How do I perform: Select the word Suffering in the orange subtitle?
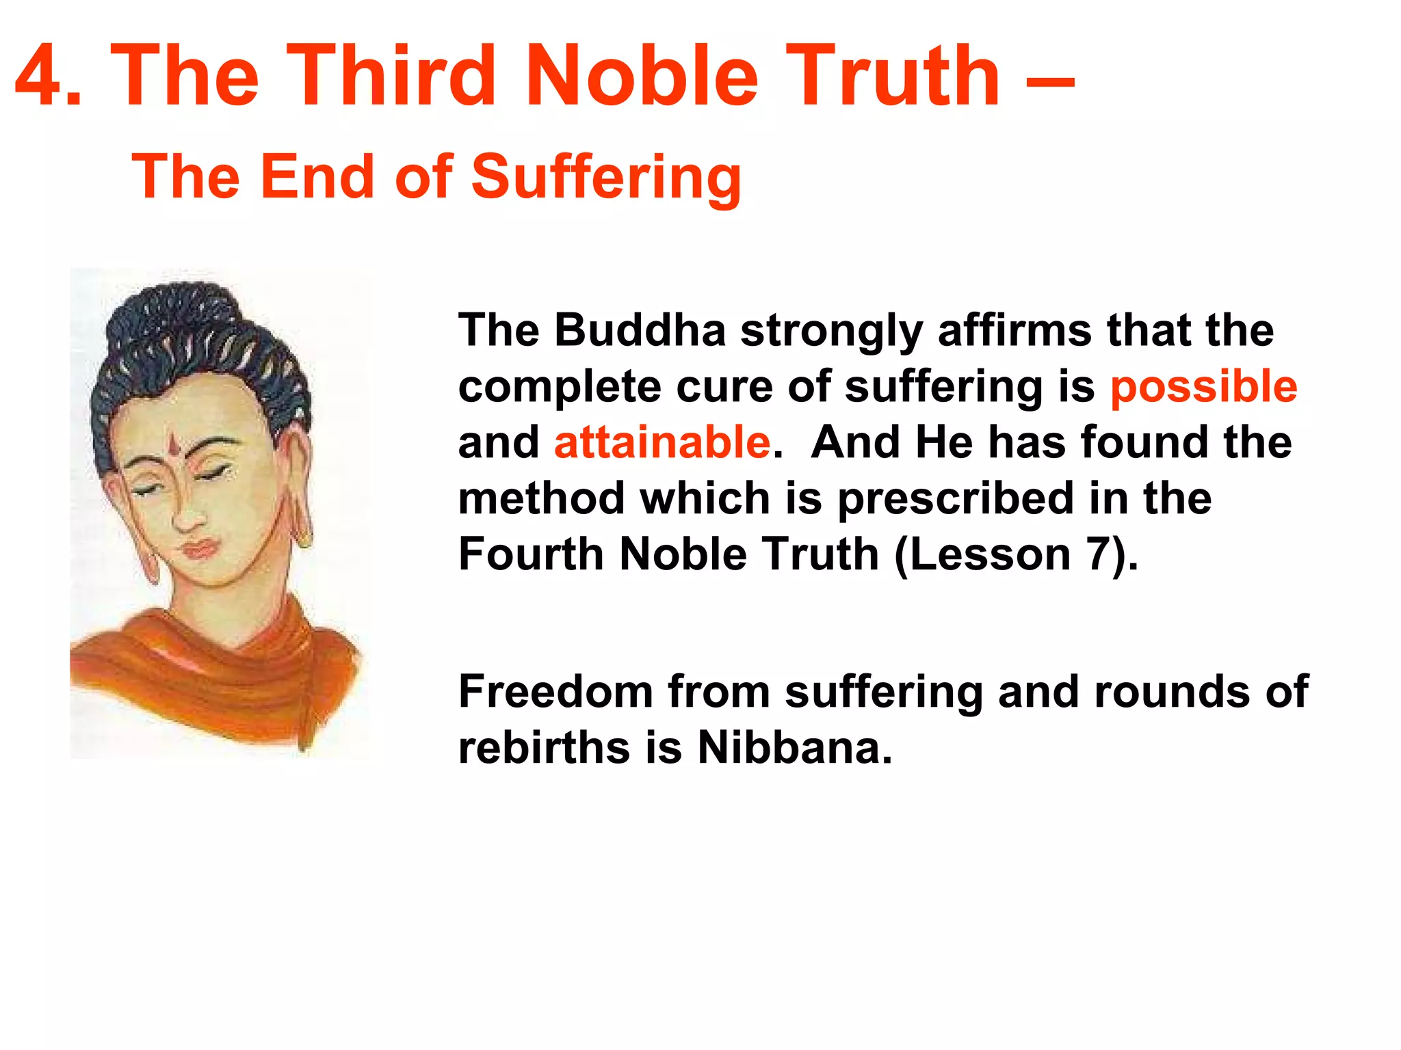[606, 178]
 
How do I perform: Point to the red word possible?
[1203, 388]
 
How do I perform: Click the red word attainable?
[662, 442]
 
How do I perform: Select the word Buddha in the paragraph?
[640, 330]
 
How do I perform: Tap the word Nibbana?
[795, 748]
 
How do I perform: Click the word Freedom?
[555, 692]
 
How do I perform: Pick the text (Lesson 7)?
[1016, 554]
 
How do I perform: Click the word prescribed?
[956, 499]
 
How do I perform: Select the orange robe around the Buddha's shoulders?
[226, 670]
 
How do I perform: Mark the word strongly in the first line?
[830, 332]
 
